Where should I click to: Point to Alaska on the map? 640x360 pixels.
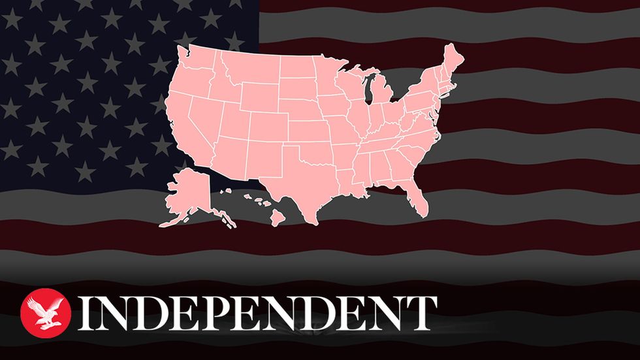pyautogui.click(x=187, y=193)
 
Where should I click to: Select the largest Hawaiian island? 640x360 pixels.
pyautogui.click(x=278, y=218)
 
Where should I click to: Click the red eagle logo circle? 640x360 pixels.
pyautogui.click(x=46, y=310)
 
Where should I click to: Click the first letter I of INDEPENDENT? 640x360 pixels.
pyautogui.click(x=86, y=312)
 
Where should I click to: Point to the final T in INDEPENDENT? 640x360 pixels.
pyautogui.click(x=421, y=312)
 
